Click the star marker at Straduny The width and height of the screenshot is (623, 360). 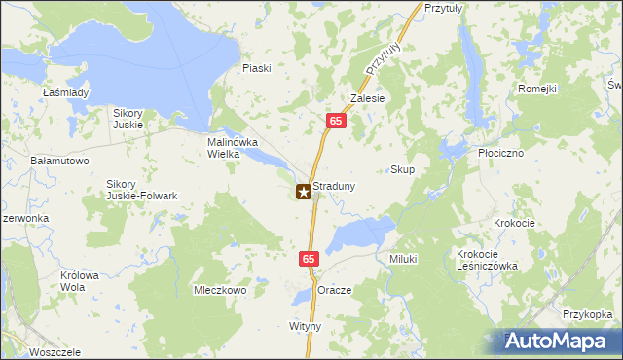tap(304, 193)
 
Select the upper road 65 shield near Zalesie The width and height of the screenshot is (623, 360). tap(335, 121)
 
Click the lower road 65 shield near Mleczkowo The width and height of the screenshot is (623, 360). tap(308, 259)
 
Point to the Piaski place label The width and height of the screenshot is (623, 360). tap(257, 68)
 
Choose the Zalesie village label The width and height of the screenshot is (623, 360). tap(369, 98)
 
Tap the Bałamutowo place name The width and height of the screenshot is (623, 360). tap(60, 160)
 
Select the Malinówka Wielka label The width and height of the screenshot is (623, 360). tap(231, 147)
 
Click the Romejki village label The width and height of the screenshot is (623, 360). tap(536, 89)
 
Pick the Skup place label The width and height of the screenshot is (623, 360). tap(402, 169)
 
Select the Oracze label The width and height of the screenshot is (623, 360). tap(335, 291)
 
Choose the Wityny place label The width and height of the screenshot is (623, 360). tap(305, 326)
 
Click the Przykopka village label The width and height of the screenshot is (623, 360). tap(587, 314)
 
